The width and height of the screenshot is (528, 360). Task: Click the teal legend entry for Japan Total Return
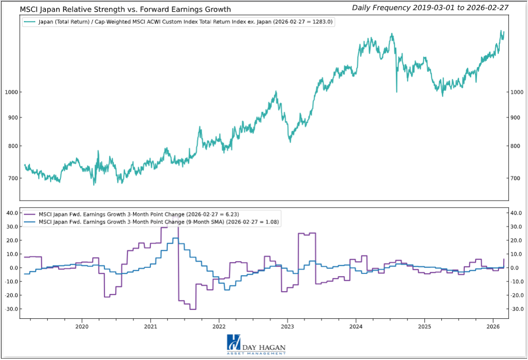(181, 22)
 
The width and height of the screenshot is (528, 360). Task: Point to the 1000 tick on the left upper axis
(11, 92)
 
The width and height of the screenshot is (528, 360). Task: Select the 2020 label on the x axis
(82, 326)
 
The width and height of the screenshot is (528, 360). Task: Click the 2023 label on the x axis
(287, 326)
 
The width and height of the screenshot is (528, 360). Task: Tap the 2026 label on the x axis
(493, 326)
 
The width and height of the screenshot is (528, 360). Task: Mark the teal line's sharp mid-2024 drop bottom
(397, 92)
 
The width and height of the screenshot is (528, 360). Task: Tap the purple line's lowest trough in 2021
(192, 309)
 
